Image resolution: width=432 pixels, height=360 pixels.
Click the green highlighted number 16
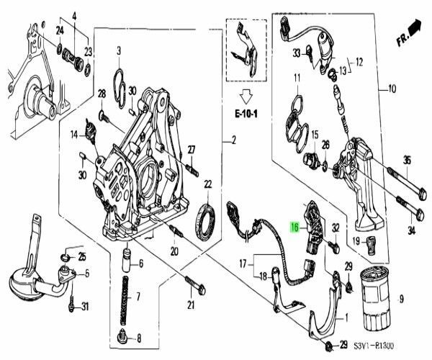click(x=294, y=226)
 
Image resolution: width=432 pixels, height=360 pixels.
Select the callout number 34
click(x=411, y=230)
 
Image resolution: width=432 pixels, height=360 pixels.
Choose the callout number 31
click(x=85, y=308)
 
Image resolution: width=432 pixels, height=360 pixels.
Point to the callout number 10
click(x=392, y=89)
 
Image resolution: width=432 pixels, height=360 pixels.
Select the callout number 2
click(x=233, y=140)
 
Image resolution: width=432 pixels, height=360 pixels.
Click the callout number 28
click(x=102, y=94)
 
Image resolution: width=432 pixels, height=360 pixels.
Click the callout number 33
click(x=297, y=53)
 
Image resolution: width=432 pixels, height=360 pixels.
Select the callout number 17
click(x=243, y=263)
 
